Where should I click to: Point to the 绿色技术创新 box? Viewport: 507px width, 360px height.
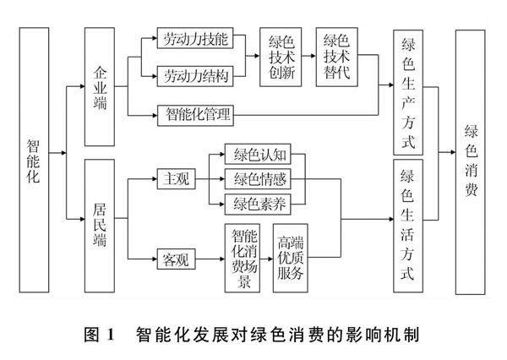click(x=282, y=57)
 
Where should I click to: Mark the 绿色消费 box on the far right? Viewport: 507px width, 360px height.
click(x=472, y=161)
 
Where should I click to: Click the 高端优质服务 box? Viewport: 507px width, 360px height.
click(x=292, y=257)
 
